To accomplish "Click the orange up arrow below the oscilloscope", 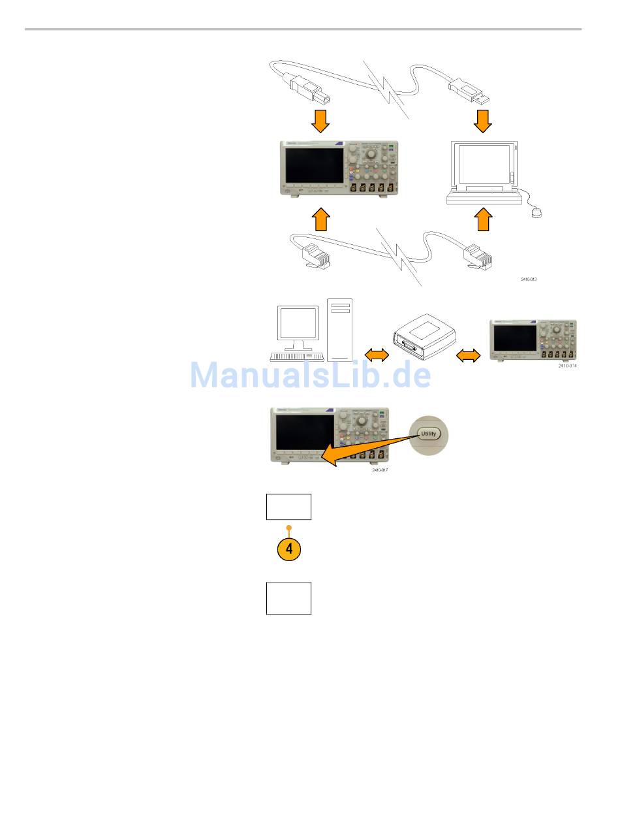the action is [320, 219].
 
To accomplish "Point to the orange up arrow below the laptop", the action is [484, 219].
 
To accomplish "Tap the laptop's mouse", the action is [536, 212].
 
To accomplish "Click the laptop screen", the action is [484, 164].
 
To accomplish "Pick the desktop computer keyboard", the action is [297, 357].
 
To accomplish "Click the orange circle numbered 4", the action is [289, 549].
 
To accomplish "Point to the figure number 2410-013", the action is [529, 279].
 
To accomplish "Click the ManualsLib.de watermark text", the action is [311, 376].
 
